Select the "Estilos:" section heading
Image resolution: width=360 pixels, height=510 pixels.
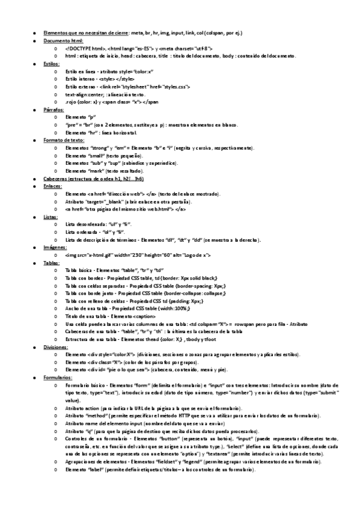coord(51,63)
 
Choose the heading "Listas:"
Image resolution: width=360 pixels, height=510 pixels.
coord(50,217)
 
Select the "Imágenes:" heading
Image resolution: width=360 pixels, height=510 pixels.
coord(55,247)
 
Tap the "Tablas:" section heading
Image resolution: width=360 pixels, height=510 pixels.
coord(51,263)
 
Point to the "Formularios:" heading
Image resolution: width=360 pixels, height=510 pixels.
coord(58,378)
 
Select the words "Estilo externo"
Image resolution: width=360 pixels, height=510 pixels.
coord(81,87)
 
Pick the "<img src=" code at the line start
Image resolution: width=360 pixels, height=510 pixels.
coord(76,255)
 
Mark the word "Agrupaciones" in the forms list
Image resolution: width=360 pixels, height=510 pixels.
coord(81,461)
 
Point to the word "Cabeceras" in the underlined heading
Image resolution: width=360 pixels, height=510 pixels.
coord(55,179)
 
